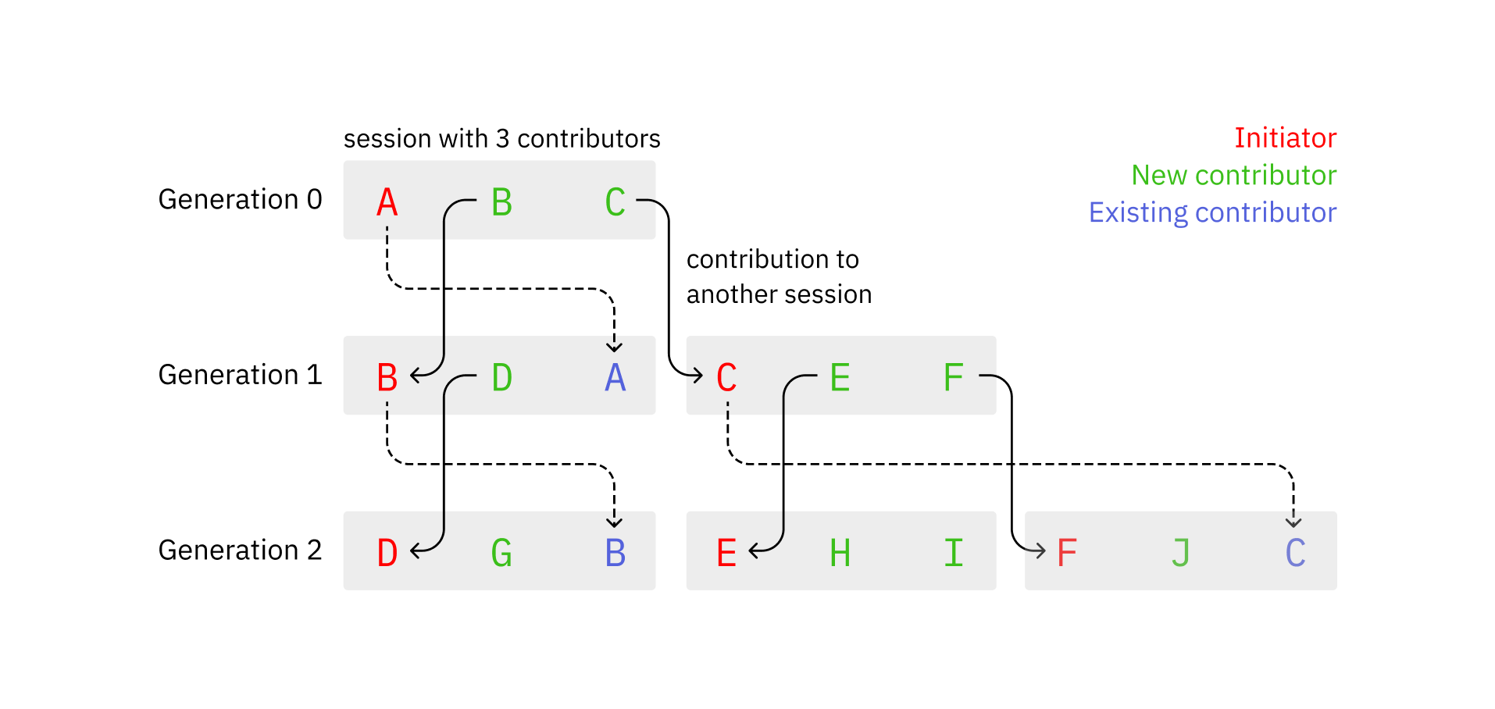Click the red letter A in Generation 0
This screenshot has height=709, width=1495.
click(x=387, y=202)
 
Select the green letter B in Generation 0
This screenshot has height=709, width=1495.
click(x=501, y=202)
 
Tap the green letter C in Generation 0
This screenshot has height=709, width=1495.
click(x=615, y=202)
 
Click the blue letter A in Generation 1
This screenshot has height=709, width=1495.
click(x=615, y=378)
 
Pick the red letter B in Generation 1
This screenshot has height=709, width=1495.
click(x=387, y=378)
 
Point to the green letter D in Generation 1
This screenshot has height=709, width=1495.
click(x=501, y=378)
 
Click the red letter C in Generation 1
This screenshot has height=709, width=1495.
click(x=726, y=378)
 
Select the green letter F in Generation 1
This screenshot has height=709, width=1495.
click(x=953, y=378)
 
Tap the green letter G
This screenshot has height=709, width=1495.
click(x=501, y=554)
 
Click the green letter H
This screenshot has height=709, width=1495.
click(x=840, y=554)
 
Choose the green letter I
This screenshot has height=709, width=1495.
click(x=953, y=554)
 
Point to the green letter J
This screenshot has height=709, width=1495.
click(x=1180, y=554)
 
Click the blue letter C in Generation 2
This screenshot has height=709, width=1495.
click(x=1295, y=554)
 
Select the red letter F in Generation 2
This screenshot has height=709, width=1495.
click(x=1066, y=554)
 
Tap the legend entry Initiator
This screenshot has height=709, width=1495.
click(x=1285, y=138)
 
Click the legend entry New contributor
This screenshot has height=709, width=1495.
click(x=1233, y=176)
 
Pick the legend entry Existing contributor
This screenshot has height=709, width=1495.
click(x=1212, y=213)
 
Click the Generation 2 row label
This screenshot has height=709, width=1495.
click(x=240, y=550)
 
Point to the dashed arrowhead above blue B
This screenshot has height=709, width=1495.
click(x=615, y=522)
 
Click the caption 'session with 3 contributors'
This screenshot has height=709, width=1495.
click(x=501, y=139)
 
